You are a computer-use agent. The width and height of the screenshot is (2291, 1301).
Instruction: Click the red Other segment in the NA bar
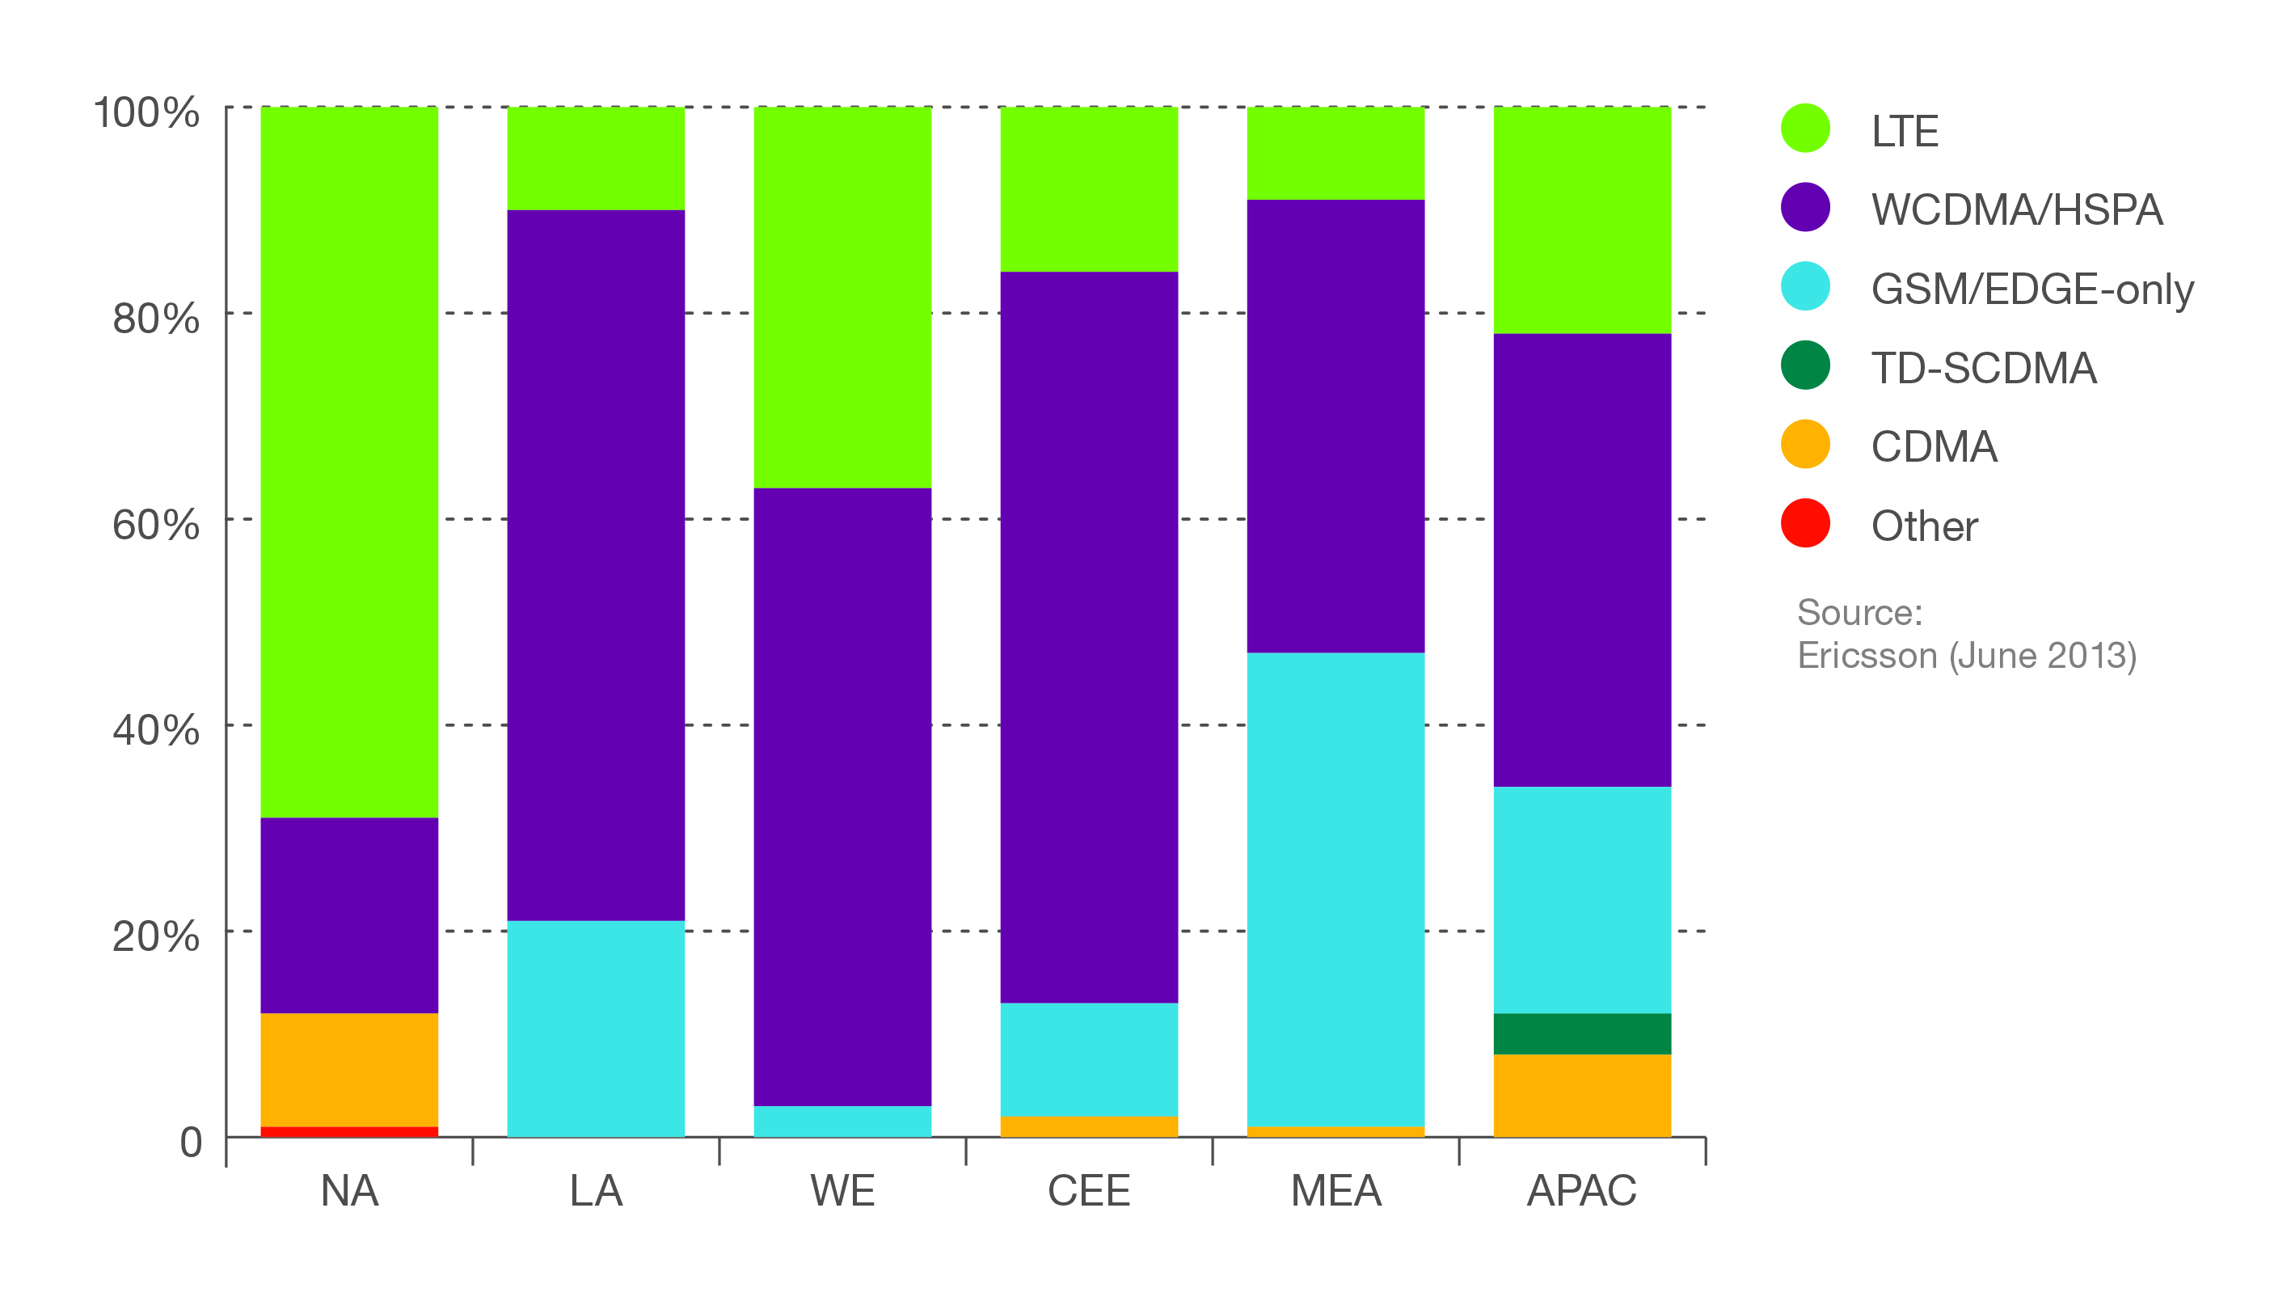point(349,1131)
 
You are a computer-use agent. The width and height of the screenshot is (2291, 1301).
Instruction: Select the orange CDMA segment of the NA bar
point(349,1070)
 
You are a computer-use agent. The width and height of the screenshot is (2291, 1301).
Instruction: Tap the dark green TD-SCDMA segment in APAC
point(1582,1034)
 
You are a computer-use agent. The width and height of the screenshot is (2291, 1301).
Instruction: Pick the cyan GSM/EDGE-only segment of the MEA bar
point(1335,889)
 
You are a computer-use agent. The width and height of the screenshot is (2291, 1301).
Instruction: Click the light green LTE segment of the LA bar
point(596,158)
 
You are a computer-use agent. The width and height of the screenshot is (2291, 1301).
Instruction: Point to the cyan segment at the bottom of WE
point(842,1121)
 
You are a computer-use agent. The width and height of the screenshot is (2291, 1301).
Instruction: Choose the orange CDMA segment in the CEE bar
point(1089,1127)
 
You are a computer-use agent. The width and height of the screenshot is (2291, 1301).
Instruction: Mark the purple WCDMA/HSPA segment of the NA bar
point(349,915)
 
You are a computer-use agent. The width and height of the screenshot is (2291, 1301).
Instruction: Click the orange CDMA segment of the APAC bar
point(1582,1096)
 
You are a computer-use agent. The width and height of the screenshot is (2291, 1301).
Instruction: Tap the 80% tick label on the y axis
point(155,318)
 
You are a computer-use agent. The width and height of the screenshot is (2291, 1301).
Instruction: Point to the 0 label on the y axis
point(191,1142)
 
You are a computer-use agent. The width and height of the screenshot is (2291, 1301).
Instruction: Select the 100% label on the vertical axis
point(146,112)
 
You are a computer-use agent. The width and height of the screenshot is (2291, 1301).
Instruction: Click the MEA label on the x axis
point(1335,1191)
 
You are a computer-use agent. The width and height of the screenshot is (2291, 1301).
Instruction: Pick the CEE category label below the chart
point(1089,1191)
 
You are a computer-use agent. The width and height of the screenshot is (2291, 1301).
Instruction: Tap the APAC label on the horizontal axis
point(1582,1191)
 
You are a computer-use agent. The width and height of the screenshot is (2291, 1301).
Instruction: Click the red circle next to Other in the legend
point(1805,524)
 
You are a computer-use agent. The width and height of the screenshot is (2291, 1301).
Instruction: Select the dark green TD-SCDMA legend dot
point(1805,365)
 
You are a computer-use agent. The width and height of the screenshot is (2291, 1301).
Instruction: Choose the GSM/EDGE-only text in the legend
point(2032,289)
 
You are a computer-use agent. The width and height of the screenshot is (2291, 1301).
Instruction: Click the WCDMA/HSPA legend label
point(2017,210)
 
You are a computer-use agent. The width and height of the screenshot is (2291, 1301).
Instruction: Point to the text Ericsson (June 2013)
point(1967,656)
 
